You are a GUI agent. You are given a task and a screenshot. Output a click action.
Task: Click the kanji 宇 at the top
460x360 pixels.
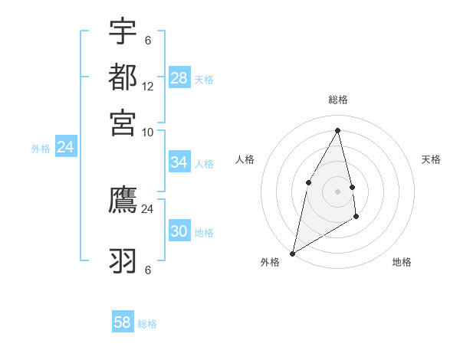coord(123,32)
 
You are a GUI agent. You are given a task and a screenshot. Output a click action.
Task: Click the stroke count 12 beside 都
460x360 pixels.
coord(148,87)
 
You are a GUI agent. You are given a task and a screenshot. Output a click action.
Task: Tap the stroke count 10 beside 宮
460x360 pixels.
coord(148,132)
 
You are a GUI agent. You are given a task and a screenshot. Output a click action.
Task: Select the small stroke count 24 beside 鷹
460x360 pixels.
coord(148,208)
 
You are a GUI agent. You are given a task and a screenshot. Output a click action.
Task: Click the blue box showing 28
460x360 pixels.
coord(179,78)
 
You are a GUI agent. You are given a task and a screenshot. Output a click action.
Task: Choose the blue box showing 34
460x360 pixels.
coord(179,162)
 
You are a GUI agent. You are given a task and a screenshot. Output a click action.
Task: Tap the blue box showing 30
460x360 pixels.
coord(179,231)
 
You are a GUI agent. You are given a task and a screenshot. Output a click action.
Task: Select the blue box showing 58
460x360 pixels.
coord(123,322)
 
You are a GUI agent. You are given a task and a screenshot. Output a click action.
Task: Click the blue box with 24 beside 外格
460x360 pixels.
coord(66,148)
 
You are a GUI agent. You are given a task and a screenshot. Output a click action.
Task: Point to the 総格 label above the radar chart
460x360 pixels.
coord(338,100)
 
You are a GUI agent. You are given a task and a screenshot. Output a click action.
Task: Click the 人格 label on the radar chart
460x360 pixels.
coord(245,159)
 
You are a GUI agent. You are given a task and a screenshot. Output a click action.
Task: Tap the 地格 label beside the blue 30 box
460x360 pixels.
coord(204,233)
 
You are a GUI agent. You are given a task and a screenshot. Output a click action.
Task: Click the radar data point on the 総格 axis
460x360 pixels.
coord(338,130)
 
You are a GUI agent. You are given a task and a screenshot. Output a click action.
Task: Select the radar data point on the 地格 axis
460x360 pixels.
coord(356,218)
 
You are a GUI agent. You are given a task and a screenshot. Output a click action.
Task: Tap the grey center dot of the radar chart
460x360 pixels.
coord(338,191)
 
